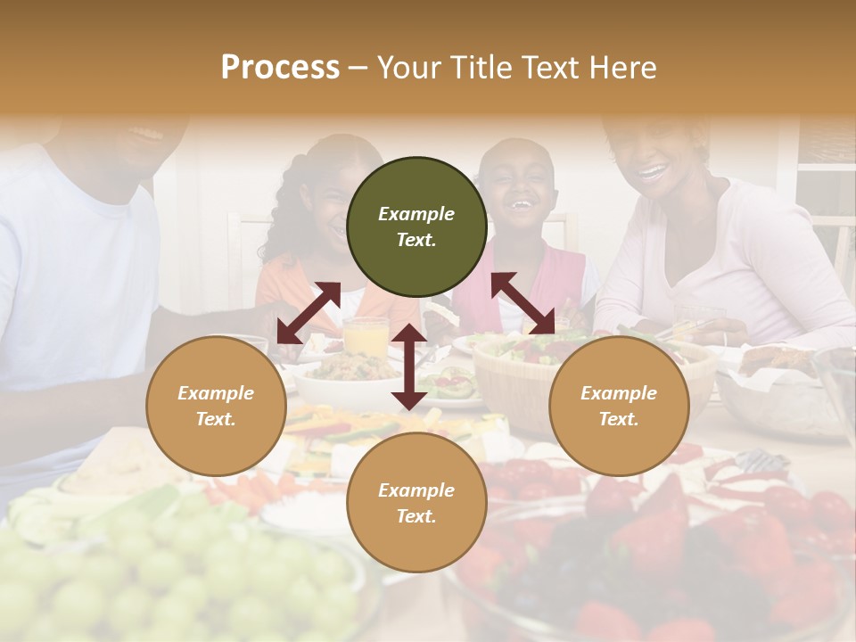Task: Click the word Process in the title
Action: (280, 68)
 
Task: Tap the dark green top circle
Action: (416, 227)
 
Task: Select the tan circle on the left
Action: (216, 407)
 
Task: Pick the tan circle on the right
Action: (619, 407)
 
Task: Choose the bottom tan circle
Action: (416, 504)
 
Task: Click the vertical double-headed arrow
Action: (409, 366)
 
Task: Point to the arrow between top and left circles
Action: (308, 312)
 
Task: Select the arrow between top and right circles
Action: (523, 304)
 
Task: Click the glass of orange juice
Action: (366, 337)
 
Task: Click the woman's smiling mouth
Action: (654, 170)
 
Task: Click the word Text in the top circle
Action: (416, 241)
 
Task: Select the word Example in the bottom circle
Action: (416, 490)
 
